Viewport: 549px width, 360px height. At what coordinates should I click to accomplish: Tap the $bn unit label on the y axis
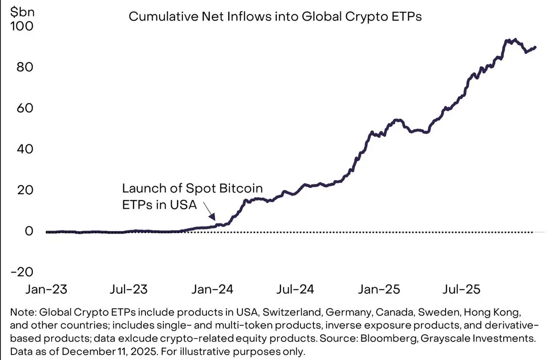(x=18, y=10)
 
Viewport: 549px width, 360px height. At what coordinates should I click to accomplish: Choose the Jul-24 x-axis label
(x=296, y=290)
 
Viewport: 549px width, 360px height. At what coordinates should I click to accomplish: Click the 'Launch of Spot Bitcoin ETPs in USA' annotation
(x=192, y=197)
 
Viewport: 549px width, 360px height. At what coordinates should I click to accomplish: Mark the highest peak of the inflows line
(x=515, y=40)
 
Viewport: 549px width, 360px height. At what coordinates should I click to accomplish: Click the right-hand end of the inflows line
(x=535, y=47)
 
